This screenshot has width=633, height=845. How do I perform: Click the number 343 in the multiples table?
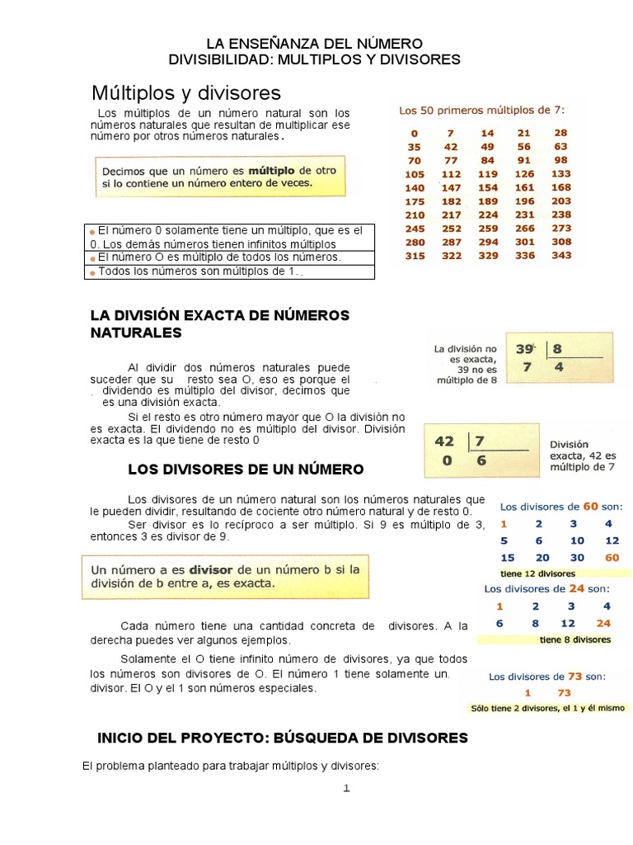click(560, 256)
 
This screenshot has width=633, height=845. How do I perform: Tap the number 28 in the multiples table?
click(560, 133)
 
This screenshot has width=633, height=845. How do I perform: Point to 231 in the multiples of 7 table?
click(524, 215)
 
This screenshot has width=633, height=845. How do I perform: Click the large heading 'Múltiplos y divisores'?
click(186, 92)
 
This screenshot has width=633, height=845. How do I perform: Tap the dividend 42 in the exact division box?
click(445, 441)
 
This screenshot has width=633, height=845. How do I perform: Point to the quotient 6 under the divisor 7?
click(481, 461)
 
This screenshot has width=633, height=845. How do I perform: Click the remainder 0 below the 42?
click(445, 461)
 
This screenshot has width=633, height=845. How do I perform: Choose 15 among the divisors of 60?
click(507, 558)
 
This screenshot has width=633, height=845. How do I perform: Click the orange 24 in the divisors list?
click(604, 624)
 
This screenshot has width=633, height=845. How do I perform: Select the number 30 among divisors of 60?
click(577, 558)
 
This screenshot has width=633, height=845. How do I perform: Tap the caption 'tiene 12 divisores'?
click(537, 573)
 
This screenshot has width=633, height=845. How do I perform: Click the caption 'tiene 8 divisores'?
click(575, 640)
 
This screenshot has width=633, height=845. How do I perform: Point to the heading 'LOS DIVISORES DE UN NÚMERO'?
click(246, 470)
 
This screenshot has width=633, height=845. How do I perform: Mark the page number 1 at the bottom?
click(347, 789)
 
